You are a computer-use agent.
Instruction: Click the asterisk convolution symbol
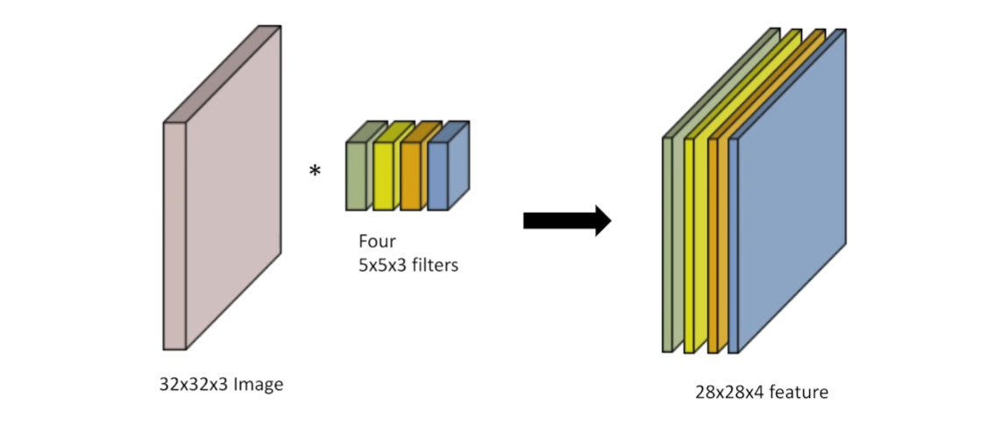[x=315, y=171]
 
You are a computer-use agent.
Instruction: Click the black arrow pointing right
[x=565, y=220]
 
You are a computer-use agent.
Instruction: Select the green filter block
[x=355, y=175]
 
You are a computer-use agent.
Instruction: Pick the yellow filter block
[x=383, y=175]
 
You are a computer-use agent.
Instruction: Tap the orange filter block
[x=410, y=175]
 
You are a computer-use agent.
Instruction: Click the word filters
[x=435, y=264]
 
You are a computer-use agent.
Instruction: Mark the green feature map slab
[x=668, y=245]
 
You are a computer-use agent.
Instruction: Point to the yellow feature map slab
[x=689, y=245]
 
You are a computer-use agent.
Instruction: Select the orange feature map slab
[x=713, y=245]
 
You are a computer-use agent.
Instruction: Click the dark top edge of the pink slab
[x=224, y=75]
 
